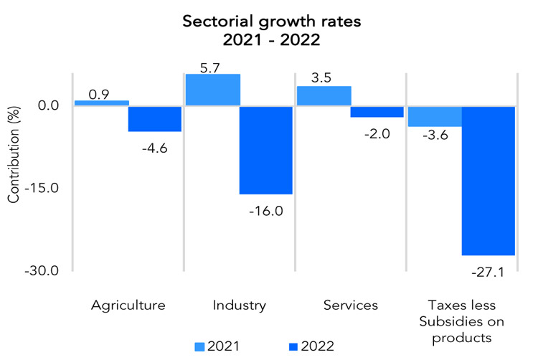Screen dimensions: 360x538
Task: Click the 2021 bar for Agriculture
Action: (102, 103)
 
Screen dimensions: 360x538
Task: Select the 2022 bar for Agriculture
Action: (155, 118)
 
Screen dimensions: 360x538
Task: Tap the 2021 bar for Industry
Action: (212, 90)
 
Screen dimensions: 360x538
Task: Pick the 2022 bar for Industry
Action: (266, 149)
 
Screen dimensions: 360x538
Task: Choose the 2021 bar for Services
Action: (324, 95)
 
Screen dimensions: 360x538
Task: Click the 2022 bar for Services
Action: (377, 111)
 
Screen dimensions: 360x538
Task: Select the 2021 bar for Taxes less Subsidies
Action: (434, 115)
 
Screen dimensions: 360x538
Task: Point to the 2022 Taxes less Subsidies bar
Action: (488, 180)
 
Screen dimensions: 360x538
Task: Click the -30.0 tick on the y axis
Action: (44, 271)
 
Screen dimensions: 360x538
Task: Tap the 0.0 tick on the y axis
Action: (49, 106)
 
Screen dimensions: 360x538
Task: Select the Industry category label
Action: (240, 305)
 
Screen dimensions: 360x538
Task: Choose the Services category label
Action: (350, 305)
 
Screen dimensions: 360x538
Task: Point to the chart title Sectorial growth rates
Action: (269, 22)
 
